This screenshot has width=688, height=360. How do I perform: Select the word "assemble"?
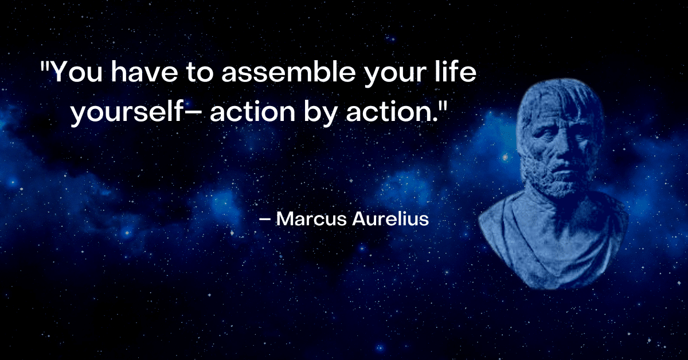point(288,72)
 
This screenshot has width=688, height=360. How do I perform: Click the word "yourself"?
point(127,111)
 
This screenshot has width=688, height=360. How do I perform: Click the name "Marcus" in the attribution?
point(311,219)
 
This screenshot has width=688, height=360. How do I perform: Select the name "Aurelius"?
point(390,219)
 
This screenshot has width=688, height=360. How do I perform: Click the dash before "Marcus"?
point(265,220)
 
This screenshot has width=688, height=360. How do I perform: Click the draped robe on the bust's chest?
point(553,246)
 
